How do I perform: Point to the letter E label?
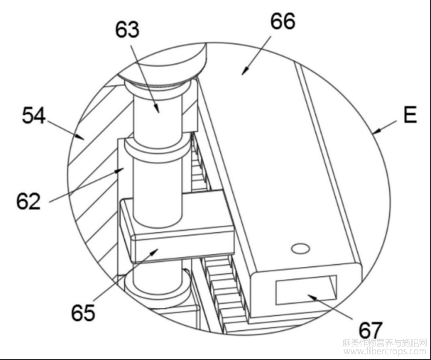tap(410, 115)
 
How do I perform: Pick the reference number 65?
tap(82, 312)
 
